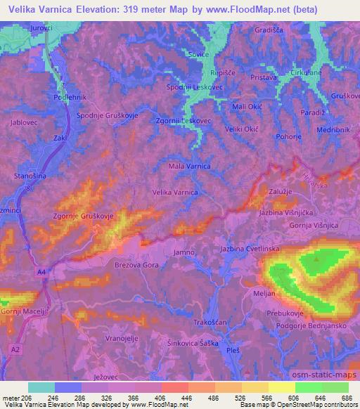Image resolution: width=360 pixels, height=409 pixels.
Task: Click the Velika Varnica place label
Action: (x=176, y=191)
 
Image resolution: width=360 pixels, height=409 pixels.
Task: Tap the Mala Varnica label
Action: (x=189, y=167)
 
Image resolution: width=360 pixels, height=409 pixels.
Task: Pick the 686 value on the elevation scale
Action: (x=345, y=397)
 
